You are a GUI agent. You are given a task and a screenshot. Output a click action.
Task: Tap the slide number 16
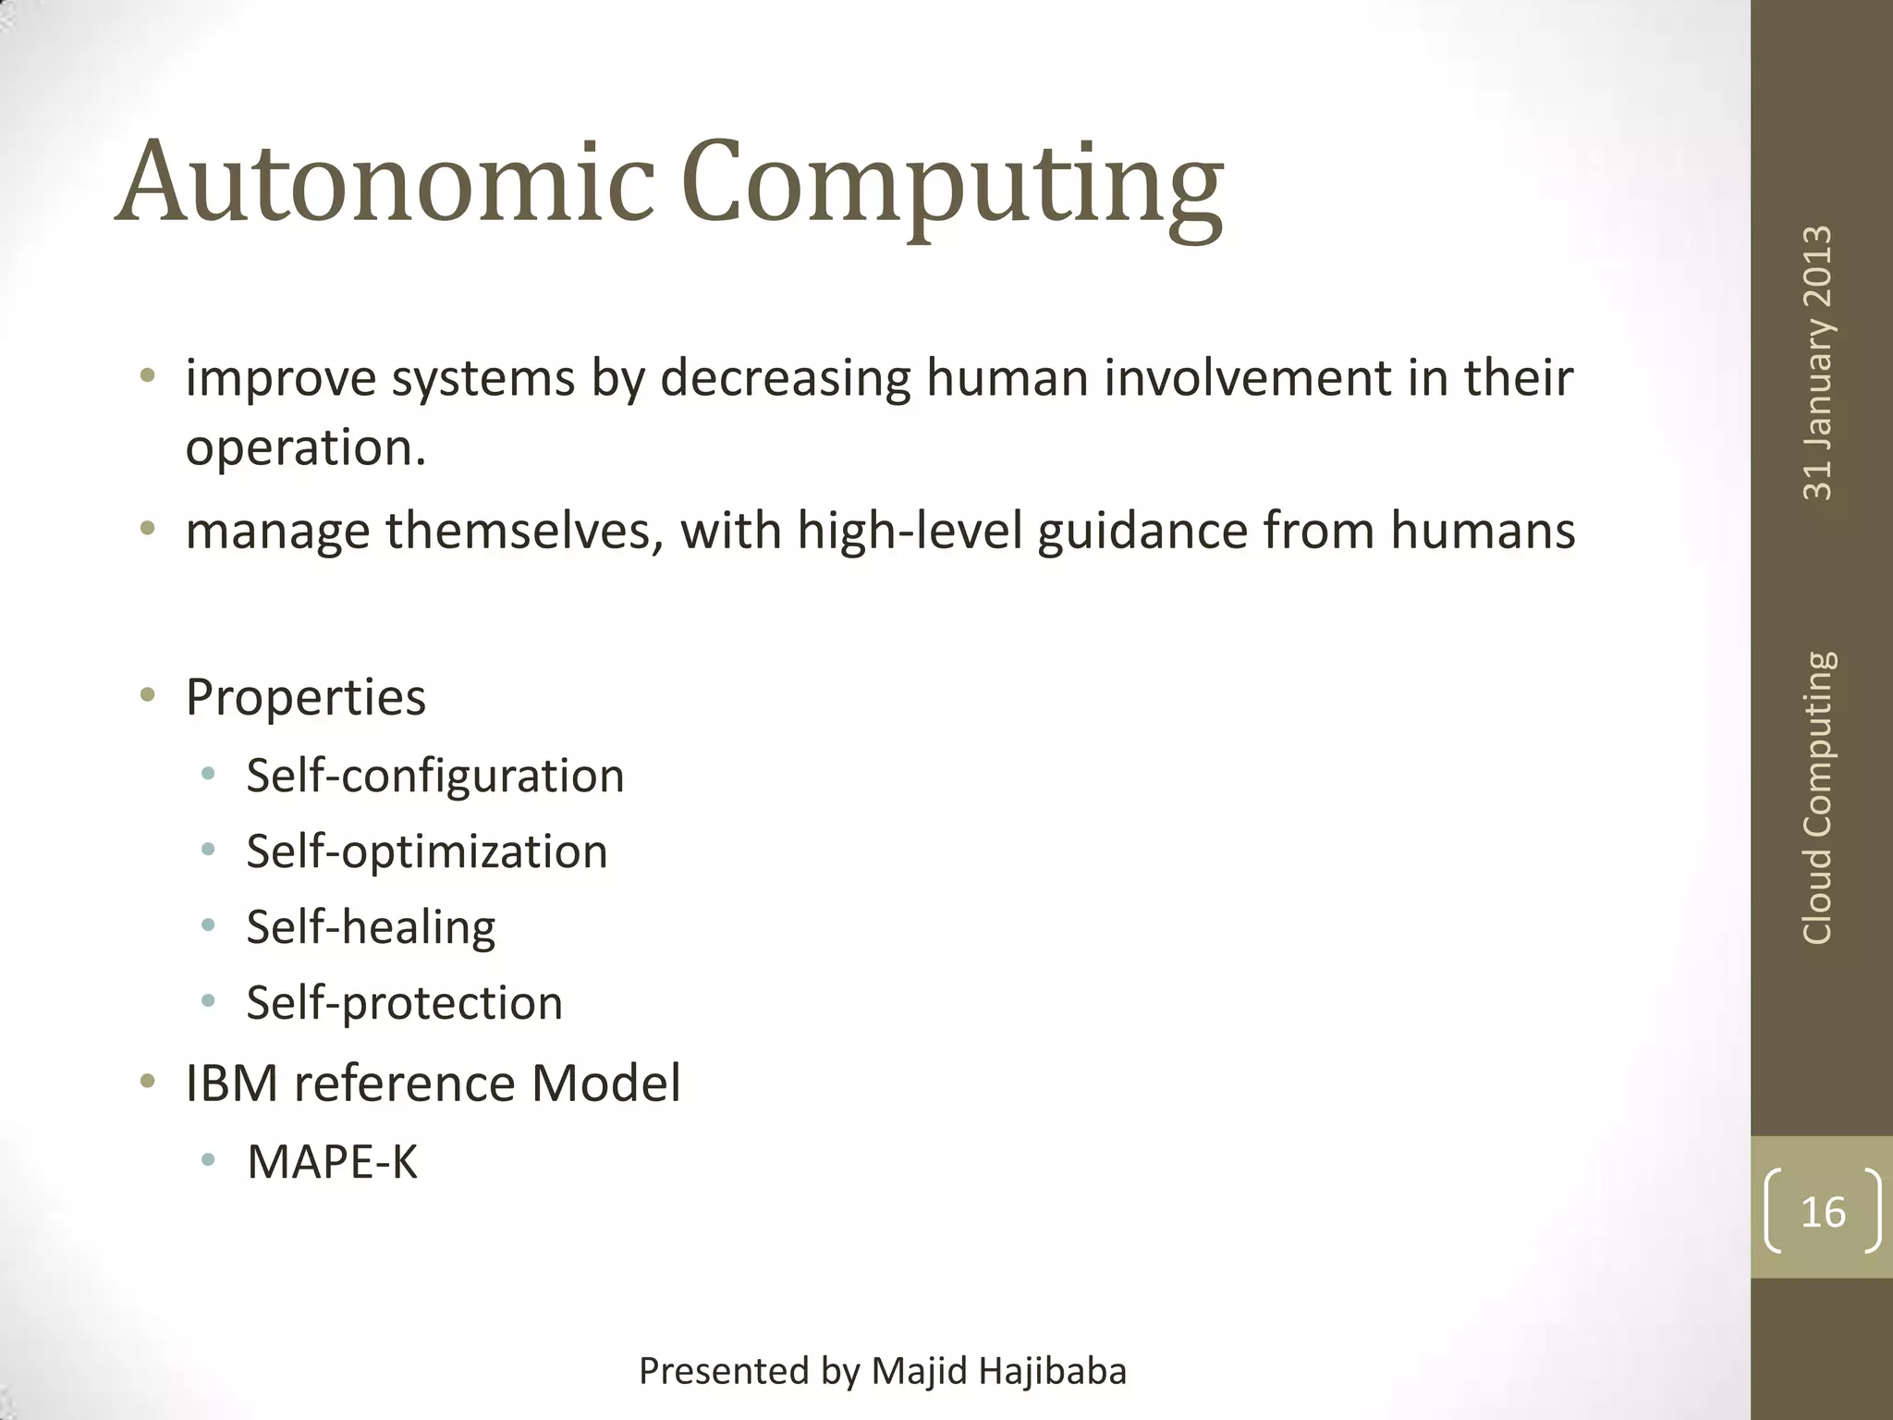pos(1823,1212)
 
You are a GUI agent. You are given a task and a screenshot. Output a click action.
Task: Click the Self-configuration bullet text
pos(435,776)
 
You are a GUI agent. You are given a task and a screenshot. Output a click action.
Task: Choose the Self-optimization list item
pos(427,851)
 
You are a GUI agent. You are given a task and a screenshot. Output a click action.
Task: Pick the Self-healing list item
pos(371,927)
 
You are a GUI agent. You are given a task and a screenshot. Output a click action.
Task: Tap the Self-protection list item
pos(405,1003)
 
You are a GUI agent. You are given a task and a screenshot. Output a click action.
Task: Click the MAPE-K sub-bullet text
pos(333,1162)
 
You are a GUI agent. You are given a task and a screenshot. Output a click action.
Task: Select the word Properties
pos(306,697)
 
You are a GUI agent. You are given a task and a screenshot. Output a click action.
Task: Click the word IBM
pos(232,1083)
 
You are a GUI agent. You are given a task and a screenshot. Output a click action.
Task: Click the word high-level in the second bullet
pos(910,531)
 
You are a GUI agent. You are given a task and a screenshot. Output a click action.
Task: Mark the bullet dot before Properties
pos(148,695)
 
